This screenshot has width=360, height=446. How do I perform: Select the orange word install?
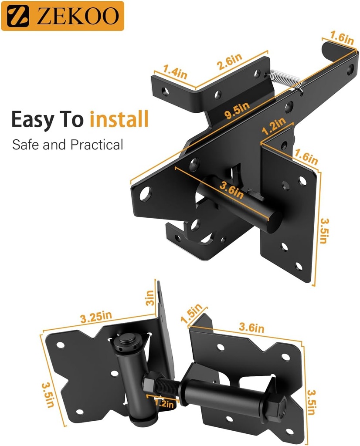point(119,119)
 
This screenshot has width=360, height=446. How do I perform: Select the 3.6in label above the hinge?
point(250,328)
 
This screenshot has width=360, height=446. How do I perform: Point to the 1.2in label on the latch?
point(274,128)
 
